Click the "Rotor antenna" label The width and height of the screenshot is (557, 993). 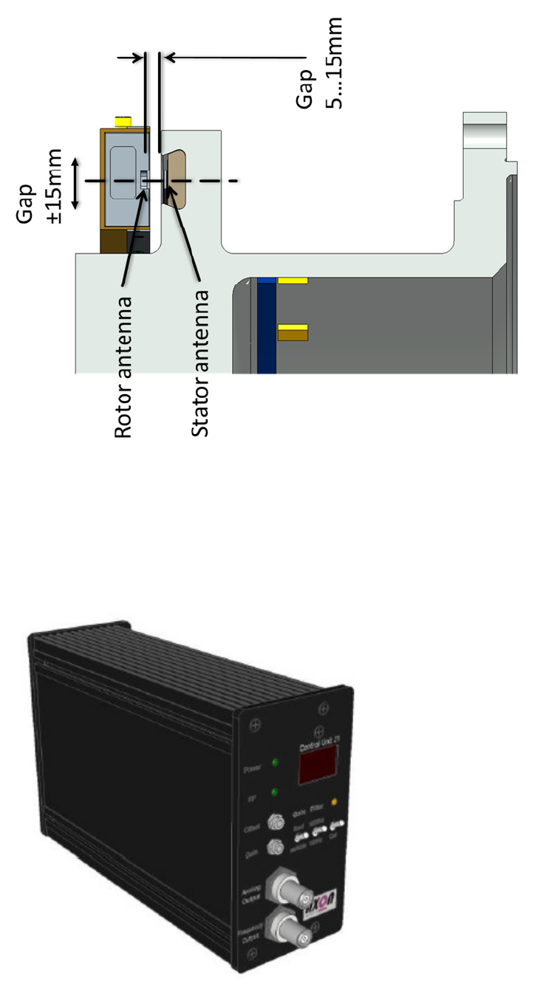(124, 367)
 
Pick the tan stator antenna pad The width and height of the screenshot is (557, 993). (177, 179)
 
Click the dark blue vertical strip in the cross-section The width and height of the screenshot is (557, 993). (267, 326)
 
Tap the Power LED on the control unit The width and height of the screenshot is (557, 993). (275, 763)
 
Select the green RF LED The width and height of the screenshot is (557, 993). (275, 792)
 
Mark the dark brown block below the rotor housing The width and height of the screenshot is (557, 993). (115, 239)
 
